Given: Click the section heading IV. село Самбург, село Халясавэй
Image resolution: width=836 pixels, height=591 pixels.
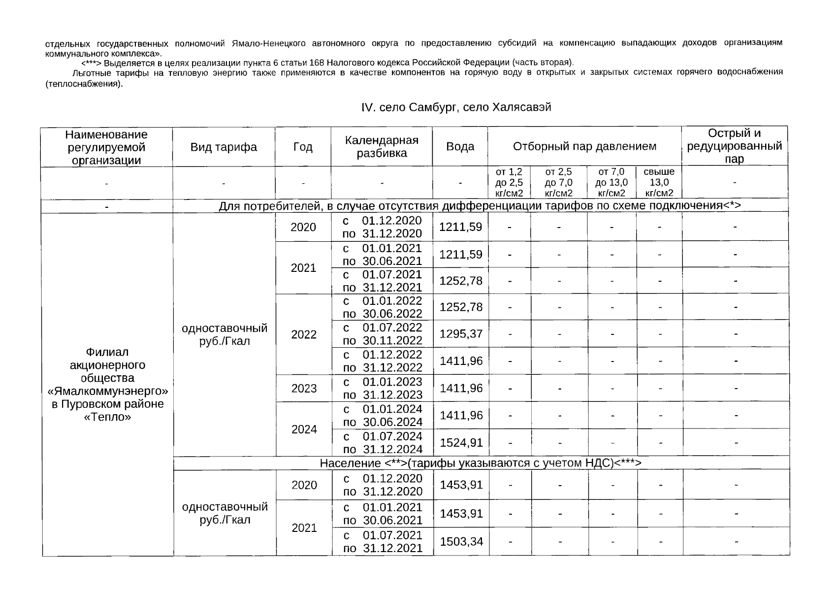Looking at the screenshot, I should (x=456, y=107).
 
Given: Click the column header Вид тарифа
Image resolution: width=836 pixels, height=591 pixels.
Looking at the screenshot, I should (x=224, y=147).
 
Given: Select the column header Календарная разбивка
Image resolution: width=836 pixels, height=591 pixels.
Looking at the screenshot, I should (x=382, y=147).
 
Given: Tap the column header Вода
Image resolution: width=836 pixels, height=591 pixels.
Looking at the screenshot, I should (x=460, y=147).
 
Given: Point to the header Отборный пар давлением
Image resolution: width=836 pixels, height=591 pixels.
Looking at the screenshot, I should (x=584, y=147).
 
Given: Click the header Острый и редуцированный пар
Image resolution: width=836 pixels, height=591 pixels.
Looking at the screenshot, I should (x=734, y=146).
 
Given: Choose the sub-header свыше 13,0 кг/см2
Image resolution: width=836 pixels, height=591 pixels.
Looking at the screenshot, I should (x=659, y=182).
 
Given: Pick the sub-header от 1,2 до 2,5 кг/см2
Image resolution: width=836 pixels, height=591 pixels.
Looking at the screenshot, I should (x=509, y=182).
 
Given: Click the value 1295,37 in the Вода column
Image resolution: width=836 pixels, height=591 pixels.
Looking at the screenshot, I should (x=461, y=334).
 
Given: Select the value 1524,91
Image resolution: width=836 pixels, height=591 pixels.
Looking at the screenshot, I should (x=461, y=443).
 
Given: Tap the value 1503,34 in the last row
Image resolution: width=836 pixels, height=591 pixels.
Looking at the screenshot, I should (x=461, y=542).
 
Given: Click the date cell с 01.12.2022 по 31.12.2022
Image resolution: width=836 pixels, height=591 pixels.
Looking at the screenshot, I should (x=382, y=361).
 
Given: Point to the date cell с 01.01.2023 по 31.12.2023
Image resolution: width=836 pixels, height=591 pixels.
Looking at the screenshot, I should (x=382, y=388).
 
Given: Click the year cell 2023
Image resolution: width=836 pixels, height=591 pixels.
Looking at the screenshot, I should (x=304, y=389).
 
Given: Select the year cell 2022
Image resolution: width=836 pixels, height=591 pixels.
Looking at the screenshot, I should (x=304, y=335).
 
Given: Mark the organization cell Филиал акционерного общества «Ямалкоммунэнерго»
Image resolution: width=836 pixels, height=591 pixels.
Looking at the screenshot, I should (x=107, y=385).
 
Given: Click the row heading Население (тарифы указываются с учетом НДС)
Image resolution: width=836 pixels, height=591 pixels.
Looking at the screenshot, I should (x=481, y=463).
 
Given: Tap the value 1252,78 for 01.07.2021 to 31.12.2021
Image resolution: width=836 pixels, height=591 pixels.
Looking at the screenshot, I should (x=461, y=281).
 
